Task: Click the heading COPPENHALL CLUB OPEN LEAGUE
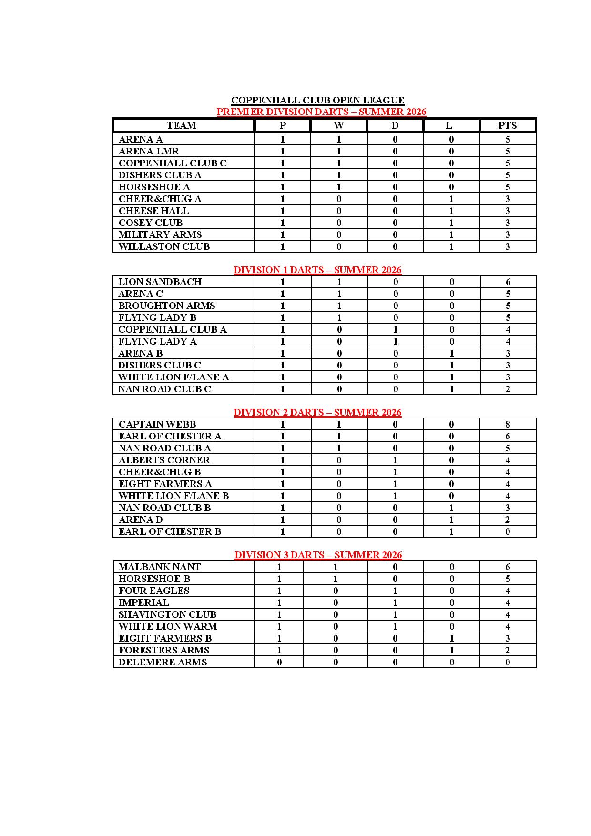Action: click(x=317, y=100)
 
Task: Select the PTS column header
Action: click(x=507, y=125)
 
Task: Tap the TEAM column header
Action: click(x=181, y=125)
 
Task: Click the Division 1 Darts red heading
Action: click(x=317, y=270)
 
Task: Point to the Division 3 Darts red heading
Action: click(x=318, y=555)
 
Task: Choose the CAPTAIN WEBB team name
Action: click(x=157, y=424)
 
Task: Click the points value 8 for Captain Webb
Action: click(x=508, y=424)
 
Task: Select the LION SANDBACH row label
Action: click(x=160, y=282)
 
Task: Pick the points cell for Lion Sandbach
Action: click(x=508, y=282)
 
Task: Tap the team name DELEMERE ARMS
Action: click(x=163, y=662)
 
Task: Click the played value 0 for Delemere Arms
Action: click(x=279, y=662)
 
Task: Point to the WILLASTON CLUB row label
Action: click(x=164, y=246)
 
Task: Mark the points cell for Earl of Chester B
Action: click(x=508, y=531)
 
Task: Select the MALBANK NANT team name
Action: click(x=160, y=567)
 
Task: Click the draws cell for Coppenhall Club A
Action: click(x=395, y=329)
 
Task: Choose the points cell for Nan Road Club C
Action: click(x=508, y=389)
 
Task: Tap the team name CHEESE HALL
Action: click(x=154, y=211)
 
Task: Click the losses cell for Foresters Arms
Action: click(x=451, y=650)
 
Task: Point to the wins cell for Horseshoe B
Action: click(x=336, y=579)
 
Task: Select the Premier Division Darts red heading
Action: click(x=321, y=112)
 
